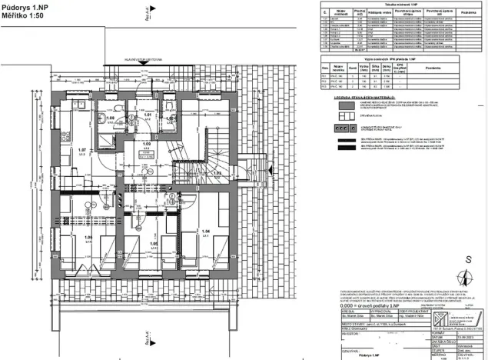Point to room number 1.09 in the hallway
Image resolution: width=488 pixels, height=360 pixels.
click(x=146, y=144)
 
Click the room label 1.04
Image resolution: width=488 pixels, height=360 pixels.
click(x=204, y=231)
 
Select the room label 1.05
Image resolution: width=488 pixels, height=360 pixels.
click(x=154, y=243)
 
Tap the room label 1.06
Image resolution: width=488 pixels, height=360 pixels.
click(x=68, y=237)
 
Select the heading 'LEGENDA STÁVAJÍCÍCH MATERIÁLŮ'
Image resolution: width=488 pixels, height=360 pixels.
click(x=364, y=98)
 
